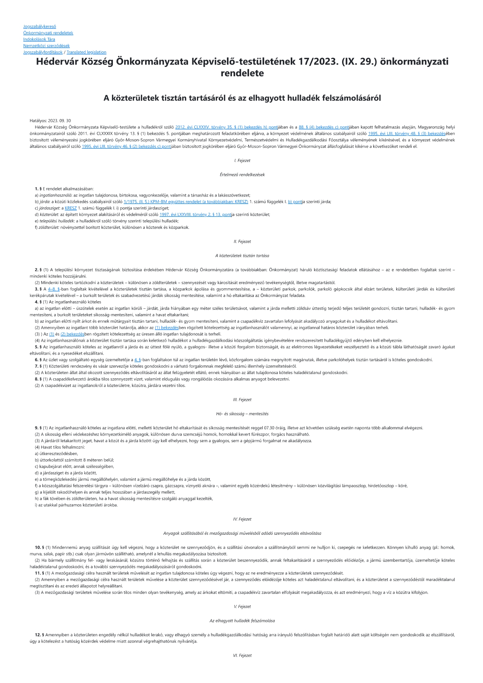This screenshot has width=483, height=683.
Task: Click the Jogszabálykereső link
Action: [x=40, y=26]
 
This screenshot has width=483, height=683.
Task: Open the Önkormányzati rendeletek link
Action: [x=48, y=33]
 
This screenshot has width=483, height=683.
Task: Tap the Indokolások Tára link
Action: [x=39, y=39]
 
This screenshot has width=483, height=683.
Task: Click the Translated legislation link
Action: [x=86, y=52]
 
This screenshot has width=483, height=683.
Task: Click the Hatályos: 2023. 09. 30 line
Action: [x=50, y=121]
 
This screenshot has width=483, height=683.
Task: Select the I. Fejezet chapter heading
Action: [x=242, y=160]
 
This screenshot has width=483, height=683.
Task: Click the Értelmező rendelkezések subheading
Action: [x=242, y=175]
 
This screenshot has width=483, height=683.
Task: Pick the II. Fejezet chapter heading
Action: [x=242, y=242]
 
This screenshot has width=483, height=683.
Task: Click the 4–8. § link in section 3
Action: [x=54, y=289]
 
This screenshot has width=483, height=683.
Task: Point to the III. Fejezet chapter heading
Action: [x=242, y=400]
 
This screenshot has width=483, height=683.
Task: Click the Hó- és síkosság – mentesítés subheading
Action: [x=242, y=414]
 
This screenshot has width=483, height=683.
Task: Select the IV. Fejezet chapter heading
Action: [x=242, y=519]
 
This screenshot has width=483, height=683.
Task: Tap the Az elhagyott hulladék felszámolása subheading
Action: [x=242, y=621]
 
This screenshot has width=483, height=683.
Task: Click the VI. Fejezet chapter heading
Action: [x=242, y=655]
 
